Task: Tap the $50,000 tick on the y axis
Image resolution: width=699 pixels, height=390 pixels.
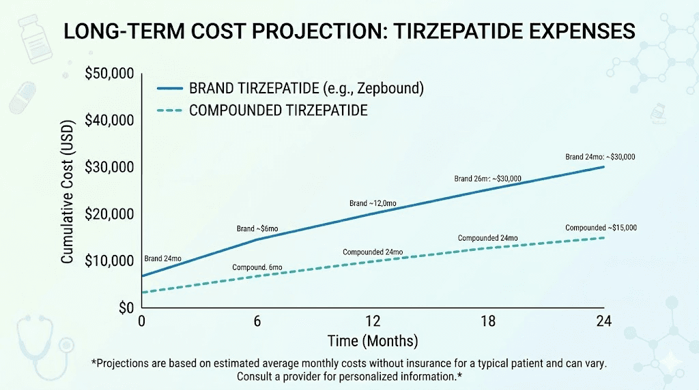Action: [109, 74]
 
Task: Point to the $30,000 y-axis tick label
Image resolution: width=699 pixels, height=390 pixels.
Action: [109, 168]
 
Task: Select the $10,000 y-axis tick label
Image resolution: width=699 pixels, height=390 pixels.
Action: [109, 261]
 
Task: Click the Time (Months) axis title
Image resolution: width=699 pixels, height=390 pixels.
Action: [373, 340]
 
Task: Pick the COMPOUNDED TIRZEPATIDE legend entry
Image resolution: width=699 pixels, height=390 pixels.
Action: [278, 110]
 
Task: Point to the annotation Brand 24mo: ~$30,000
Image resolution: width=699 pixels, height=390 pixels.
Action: [600, 157]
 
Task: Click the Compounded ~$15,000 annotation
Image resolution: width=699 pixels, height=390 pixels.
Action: [601, 228]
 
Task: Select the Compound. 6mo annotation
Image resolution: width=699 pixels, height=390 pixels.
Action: [257, 267]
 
